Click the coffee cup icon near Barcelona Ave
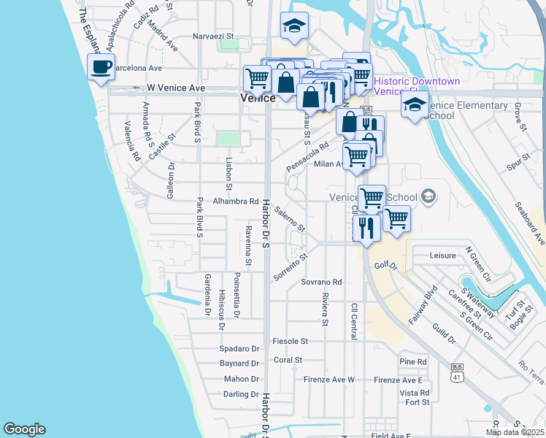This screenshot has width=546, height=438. click(x=101, y=67)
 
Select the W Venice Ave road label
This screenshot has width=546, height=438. click(x=176, y=88)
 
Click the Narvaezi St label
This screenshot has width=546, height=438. click(x=212, y=36)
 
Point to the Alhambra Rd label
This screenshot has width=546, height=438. click(x=236, y=201)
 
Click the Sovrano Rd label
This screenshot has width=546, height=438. click(x=321, y=282)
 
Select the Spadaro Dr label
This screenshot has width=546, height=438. click(x=240, y=349)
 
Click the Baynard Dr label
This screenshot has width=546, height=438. click(x=239, y=363)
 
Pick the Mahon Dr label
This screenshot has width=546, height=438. click(x=242, y=379)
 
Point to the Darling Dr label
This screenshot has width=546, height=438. click(x=241, y=394)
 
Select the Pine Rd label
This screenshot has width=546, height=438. click(x=413, y=362)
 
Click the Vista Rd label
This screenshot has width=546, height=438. click(x=414, y=393)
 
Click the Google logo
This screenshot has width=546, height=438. click(x=24, y=429)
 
